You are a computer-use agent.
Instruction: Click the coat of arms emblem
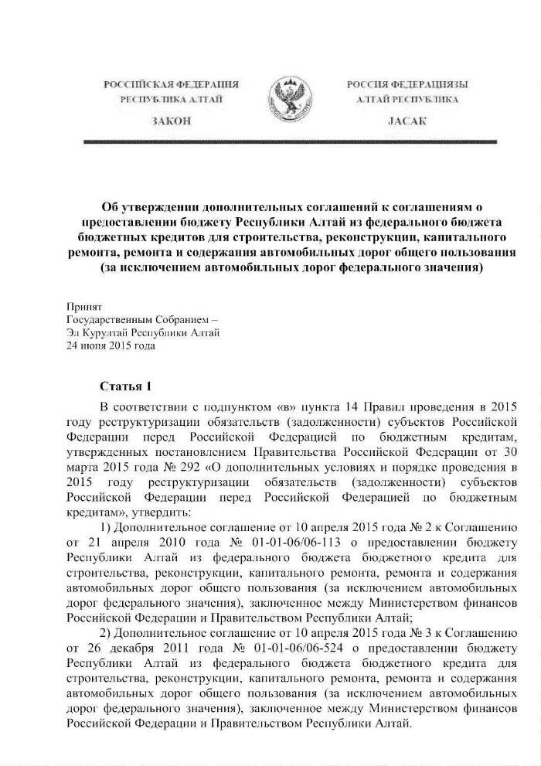click(279, 101)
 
